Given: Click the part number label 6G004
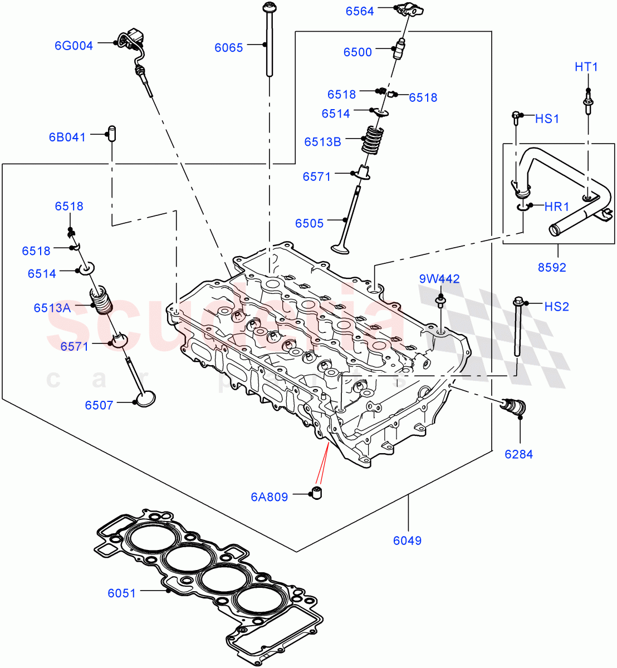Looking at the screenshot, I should point(74,46).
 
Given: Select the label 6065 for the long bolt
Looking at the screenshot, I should point(229,48).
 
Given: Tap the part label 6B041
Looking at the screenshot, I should point(67,137).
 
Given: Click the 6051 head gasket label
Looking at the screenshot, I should point(122,593).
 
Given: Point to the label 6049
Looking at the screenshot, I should point(407,540).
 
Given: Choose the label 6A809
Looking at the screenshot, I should point(269,497).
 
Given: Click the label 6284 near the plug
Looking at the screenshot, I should point(518,454).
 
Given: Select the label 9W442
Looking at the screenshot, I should point(440,279).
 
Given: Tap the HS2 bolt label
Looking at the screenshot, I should point(556,307).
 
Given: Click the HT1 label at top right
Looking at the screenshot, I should point(586,67).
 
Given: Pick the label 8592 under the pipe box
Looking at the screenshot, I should point(552,267).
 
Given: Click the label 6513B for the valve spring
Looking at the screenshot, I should point(322,142).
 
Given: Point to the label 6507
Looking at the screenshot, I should point(99,405).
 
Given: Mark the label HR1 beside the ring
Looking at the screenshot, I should point(556,207).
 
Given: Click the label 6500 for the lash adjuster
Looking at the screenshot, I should point(358,52).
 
